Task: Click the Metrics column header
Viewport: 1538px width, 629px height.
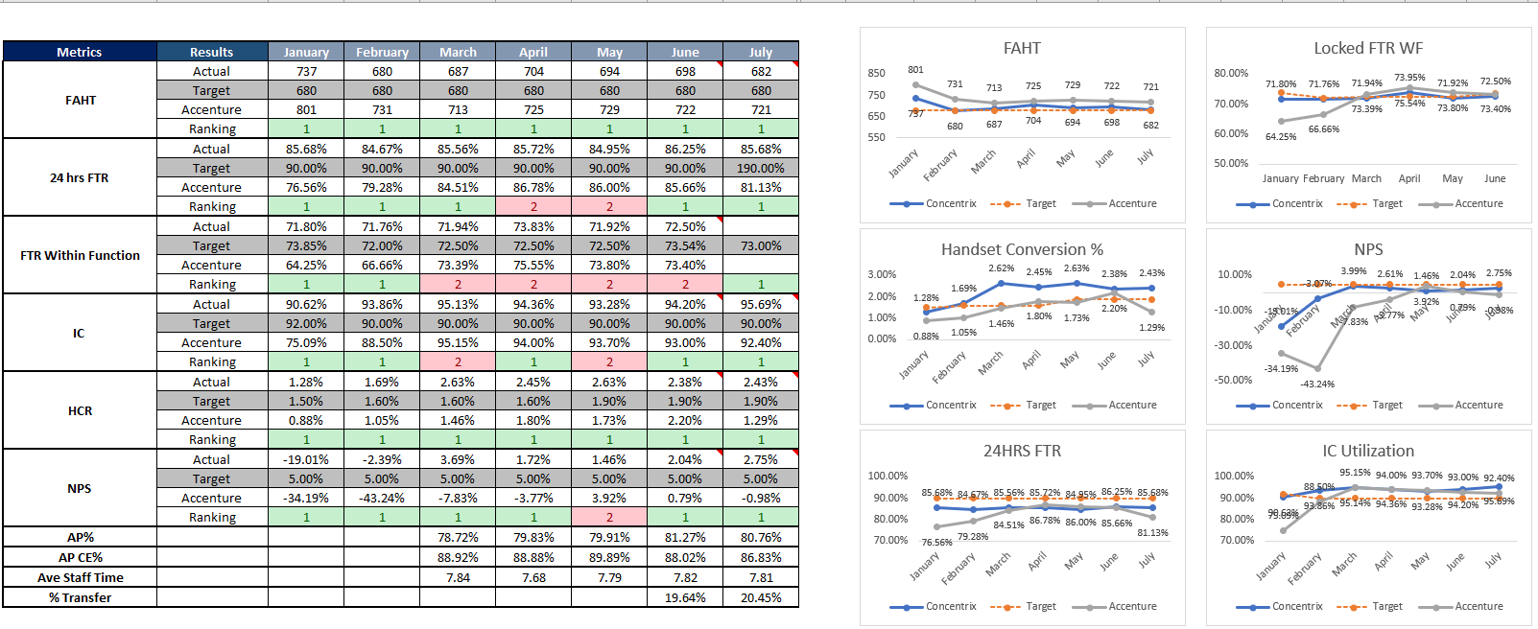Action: pos(80,52)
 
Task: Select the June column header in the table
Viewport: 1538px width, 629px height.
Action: pos(685,52)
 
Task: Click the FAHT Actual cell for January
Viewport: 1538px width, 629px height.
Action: pos(306,71)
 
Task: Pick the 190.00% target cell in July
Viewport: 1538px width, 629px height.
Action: pos(761,168)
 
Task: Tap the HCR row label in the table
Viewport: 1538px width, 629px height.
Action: pos(80,410)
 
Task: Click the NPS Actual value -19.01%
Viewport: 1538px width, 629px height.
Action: pos(306,459)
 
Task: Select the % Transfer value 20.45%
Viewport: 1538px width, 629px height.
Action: pos(761,597)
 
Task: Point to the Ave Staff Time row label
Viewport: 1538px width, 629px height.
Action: pos(80,577)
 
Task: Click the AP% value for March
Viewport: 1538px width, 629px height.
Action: pos(458,537)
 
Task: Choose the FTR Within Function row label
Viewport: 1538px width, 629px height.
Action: pos(80,255)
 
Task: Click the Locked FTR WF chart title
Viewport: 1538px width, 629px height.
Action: pos(1368,48)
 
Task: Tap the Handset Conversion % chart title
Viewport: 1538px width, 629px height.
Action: pos(1022,249)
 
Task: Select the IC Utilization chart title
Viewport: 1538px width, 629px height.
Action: pos(1368,451)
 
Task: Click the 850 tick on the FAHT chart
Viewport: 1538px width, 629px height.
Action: pos(876,73)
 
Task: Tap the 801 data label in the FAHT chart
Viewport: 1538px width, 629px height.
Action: pos(915,69)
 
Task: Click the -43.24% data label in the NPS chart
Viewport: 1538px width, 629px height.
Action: pos(1317,384)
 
